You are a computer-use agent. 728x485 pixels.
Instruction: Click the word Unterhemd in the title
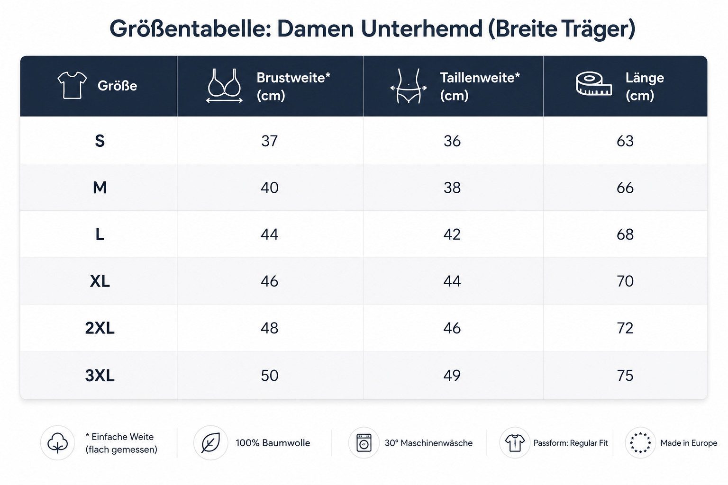(x=421, y=29)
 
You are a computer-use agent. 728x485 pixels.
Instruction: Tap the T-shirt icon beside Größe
(x=72, y=85)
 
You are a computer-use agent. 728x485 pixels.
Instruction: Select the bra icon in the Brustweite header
(x=224, y=86)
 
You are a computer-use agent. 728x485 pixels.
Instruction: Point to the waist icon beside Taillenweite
(x=409, y=86)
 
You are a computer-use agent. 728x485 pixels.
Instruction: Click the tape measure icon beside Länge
(x=594, y=84)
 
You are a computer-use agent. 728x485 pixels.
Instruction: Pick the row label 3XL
(x=100, y=376)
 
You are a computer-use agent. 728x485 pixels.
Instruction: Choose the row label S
(x=100, y=141)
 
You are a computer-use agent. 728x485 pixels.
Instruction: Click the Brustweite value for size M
(x=269, y=188)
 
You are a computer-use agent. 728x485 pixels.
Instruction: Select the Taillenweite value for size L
(x=452, y=234)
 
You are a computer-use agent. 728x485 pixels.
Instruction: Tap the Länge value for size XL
(x=625, y=281)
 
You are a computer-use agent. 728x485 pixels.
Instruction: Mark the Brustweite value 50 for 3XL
(x=269, y=376)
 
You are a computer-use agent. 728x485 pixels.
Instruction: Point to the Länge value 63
(x=625, y=141)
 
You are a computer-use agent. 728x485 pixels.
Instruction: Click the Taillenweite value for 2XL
(x=452, y=328)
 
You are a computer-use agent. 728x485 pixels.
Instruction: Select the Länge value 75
(x=625, y=376)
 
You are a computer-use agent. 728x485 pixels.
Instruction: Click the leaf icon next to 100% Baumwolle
(x=210, y=443)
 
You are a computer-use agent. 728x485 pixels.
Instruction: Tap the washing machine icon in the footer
(x=364, y=442)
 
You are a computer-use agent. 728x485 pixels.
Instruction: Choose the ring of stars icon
(x=640, y=442)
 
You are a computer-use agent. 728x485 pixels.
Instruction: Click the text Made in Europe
(x=689, y=443)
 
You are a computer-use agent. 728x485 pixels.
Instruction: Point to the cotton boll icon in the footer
(x=57, y=443)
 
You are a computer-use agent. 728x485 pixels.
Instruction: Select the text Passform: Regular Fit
(x=570, y=443)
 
